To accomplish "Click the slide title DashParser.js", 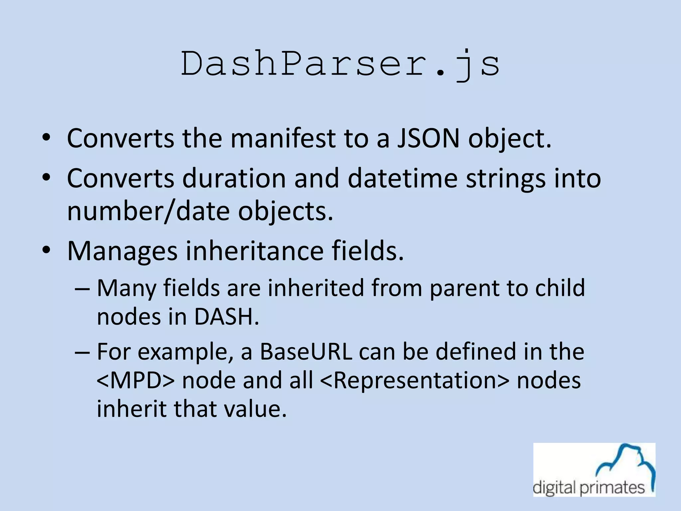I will (x=340, y=64).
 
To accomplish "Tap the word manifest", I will (x=283, y=138).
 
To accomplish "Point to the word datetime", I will (x=402, y=178).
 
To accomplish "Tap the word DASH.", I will (x=226, y=317).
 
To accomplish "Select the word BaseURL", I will (x=306, y=352).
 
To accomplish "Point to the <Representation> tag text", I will (x=415, y=380).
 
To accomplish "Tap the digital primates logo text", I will (x=589, y=488).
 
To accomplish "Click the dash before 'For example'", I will (x=82, y=352).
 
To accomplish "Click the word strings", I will (x=505, y=178).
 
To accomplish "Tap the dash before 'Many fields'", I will (x=82, y=288).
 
